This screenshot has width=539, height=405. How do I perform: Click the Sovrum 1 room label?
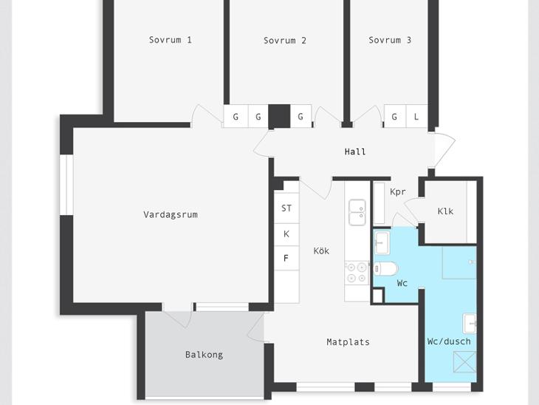[170, 40]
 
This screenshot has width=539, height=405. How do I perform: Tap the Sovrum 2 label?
[284, 41]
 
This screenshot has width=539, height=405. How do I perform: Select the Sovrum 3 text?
[390, 40]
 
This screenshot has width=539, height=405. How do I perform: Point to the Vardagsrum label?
[171, 215]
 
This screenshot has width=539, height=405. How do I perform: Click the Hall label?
[355, 152]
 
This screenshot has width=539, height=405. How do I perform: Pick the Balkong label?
[205, 355]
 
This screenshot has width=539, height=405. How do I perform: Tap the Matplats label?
[349, 342]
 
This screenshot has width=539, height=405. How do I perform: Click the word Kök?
[321, 251]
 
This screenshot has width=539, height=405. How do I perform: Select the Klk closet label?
[445, 211]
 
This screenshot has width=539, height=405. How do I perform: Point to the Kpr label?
[398, 191]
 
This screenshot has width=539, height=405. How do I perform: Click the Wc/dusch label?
[449, 341]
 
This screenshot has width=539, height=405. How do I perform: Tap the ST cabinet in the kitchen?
[286, 208]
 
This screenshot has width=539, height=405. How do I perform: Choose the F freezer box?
[286, 258]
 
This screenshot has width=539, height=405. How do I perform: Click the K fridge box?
[286, 234]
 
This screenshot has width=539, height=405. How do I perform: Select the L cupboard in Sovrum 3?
[416, 116]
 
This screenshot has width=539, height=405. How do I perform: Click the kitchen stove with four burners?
[357, 272]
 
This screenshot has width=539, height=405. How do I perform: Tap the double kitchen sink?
[357, 212]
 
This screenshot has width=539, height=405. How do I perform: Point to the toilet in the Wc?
[385, 269]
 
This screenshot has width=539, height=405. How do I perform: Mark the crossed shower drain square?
[464, 362]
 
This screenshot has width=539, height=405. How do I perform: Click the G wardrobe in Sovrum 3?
[395, 116]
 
